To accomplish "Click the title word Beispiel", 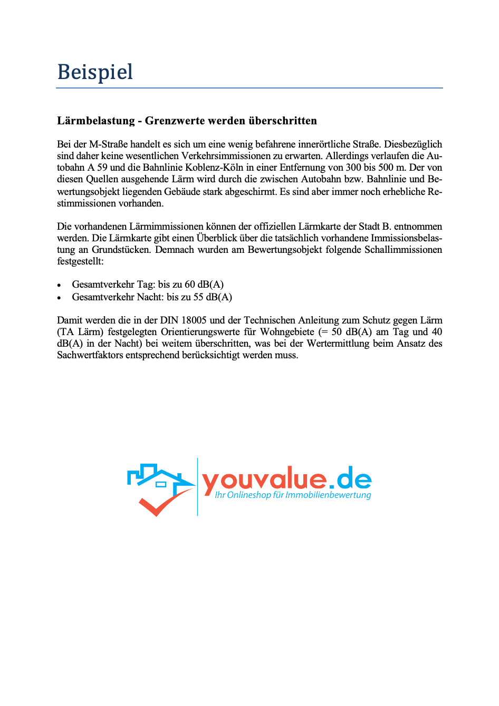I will pos(95,72).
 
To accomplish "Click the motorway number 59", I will pos(102,168).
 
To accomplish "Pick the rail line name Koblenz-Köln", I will pos(214,168).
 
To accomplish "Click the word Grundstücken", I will pos(121,250).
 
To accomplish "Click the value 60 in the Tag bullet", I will pos(190,285).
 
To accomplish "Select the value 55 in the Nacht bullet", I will pos(198,297).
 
